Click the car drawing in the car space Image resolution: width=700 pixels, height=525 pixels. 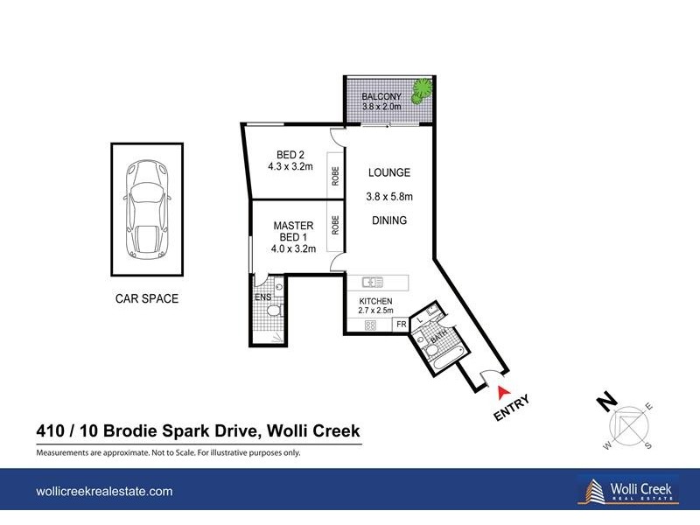click(146, 209)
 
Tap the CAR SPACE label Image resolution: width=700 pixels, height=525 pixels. click(146, 298)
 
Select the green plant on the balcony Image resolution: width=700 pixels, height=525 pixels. click(422, 91)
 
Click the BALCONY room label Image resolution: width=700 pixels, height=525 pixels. click(381, 96)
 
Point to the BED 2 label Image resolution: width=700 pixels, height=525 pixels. click(290, 155)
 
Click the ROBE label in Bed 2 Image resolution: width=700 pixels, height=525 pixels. click(335, 176)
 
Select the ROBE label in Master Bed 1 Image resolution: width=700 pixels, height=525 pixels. click(335, 225)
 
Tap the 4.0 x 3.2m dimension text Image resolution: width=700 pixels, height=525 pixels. click(293, 248)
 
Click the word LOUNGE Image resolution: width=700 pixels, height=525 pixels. click(388, 172)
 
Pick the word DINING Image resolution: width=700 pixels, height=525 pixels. click(388, 220)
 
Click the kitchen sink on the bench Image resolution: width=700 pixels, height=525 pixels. click(373, 282)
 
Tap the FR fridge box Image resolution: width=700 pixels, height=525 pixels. click(401, 324)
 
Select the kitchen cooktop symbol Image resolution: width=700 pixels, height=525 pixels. click(370, 325)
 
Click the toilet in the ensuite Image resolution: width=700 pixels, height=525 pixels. click(274, 311)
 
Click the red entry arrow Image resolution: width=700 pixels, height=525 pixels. click(504, 392)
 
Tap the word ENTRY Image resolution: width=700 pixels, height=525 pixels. click(512, 407)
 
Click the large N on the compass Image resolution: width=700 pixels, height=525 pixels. click(607, 402)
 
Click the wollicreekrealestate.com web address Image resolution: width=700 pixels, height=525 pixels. click(104, 492)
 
